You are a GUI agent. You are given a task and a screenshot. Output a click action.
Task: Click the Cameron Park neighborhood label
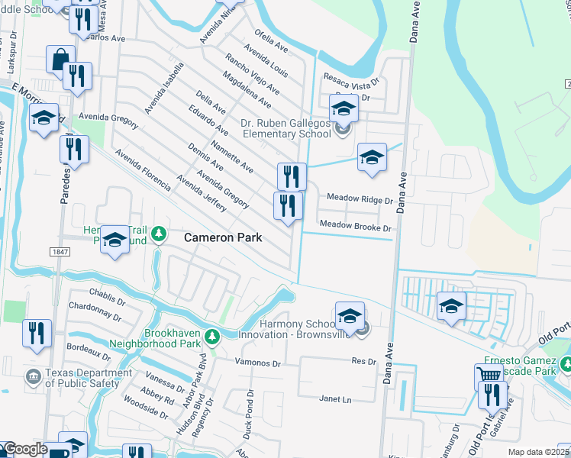click(223, 238)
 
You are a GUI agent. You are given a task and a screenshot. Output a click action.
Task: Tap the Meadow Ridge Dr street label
click(359, 198)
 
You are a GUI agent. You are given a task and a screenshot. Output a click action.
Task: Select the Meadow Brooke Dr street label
click(355, 227)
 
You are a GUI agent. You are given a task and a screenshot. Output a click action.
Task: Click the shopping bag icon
click(60, 59)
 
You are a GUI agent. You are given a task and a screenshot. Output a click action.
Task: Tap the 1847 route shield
click(59, 252)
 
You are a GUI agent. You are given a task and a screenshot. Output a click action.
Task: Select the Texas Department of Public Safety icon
click(33, 376)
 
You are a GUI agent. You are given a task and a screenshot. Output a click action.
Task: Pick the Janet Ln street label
click(335, 398)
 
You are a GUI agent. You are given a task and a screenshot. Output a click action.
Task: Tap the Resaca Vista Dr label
click(353, 82)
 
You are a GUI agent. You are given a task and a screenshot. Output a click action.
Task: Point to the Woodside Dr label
click(145, 405)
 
